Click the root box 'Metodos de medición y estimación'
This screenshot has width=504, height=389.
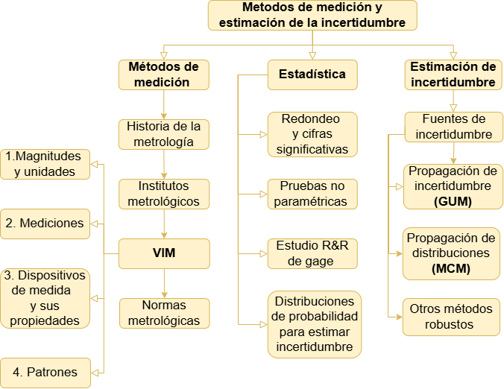[312, 15]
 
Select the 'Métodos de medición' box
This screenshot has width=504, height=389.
[163, 75]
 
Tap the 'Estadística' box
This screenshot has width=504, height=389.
[312, 75]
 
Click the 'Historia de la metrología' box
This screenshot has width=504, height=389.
[163, 134]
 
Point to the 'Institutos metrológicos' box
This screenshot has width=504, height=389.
[163, 194]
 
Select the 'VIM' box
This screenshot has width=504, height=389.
[163, 253]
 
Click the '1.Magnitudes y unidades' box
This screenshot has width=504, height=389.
[45, 164]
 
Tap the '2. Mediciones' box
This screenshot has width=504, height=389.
[45, 224]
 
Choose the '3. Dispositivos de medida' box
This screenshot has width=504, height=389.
[45, 298]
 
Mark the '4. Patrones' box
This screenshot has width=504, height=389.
[45, 372]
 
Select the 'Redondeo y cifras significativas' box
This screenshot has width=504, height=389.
[312, 134]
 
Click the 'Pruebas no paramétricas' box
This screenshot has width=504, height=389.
[312, 194]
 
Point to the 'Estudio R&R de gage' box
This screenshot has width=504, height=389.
[312, 253]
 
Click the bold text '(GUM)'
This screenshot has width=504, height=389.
[451, 201]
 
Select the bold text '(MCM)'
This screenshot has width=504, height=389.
[451, 268]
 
